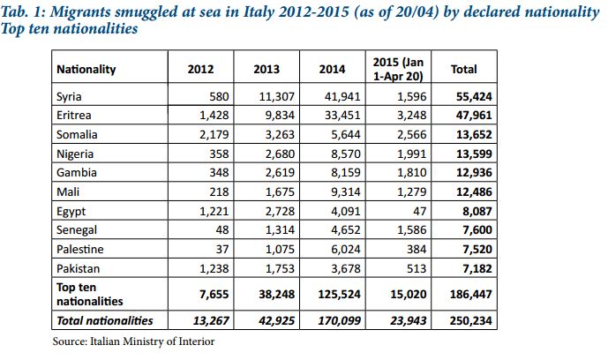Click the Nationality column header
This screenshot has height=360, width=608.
point(86,69)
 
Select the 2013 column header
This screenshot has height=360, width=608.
point(266,69)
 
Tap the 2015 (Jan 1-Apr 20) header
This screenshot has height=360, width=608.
point(400,68)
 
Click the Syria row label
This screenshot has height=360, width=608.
point(71,95)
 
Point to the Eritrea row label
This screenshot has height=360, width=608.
point(75,115)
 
